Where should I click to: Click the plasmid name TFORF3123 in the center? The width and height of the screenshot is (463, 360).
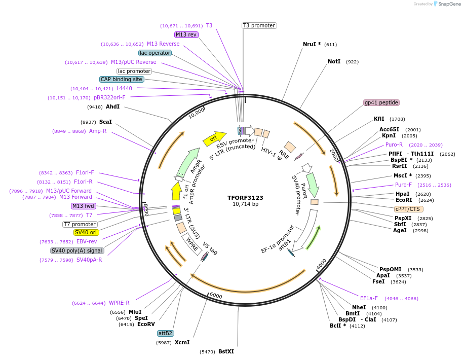tap(245, 197)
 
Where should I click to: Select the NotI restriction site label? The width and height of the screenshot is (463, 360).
tap(334, 61)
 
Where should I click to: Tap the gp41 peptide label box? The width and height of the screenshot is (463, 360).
tap(381, 102)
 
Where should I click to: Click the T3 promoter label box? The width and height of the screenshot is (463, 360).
tap(259, 25)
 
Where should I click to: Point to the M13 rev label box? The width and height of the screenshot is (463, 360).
tap(186, 34)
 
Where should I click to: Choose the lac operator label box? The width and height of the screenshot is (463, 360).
tap(155, 53)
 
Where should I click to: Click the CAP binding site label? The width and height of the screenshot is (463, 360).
tap(122, 79)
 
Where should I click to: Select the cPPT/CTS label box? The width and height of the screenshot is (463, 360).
tap(409, 208)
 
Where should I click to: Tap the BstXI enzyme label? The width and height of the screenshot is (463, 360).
tap(226, 351)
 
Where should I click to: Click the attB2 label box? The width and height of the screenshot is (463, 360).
tap(166, 333)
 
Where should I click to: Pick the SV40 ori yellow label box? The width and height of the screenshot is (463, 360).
tap(86, 232)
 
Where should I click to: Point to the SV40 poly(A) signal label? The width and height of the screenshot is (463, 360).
tap(77, 250)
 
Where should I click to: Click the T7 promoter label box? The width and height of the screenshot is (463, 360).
tap(80, 224)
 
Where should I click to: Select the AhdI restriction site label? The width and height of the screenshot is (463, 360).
tap(112, 106)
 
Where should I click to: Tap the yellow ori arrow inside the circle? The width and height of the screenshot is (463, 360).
tap(214, 137)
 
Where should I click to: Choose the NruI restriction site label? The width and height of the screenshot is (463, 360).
tap(312, 44)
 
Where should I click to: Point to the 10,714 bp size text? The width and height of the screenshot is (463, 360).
tap(245, 204)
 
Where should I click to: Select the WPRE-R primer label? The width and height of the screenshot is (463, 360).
tap(119, 303)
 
